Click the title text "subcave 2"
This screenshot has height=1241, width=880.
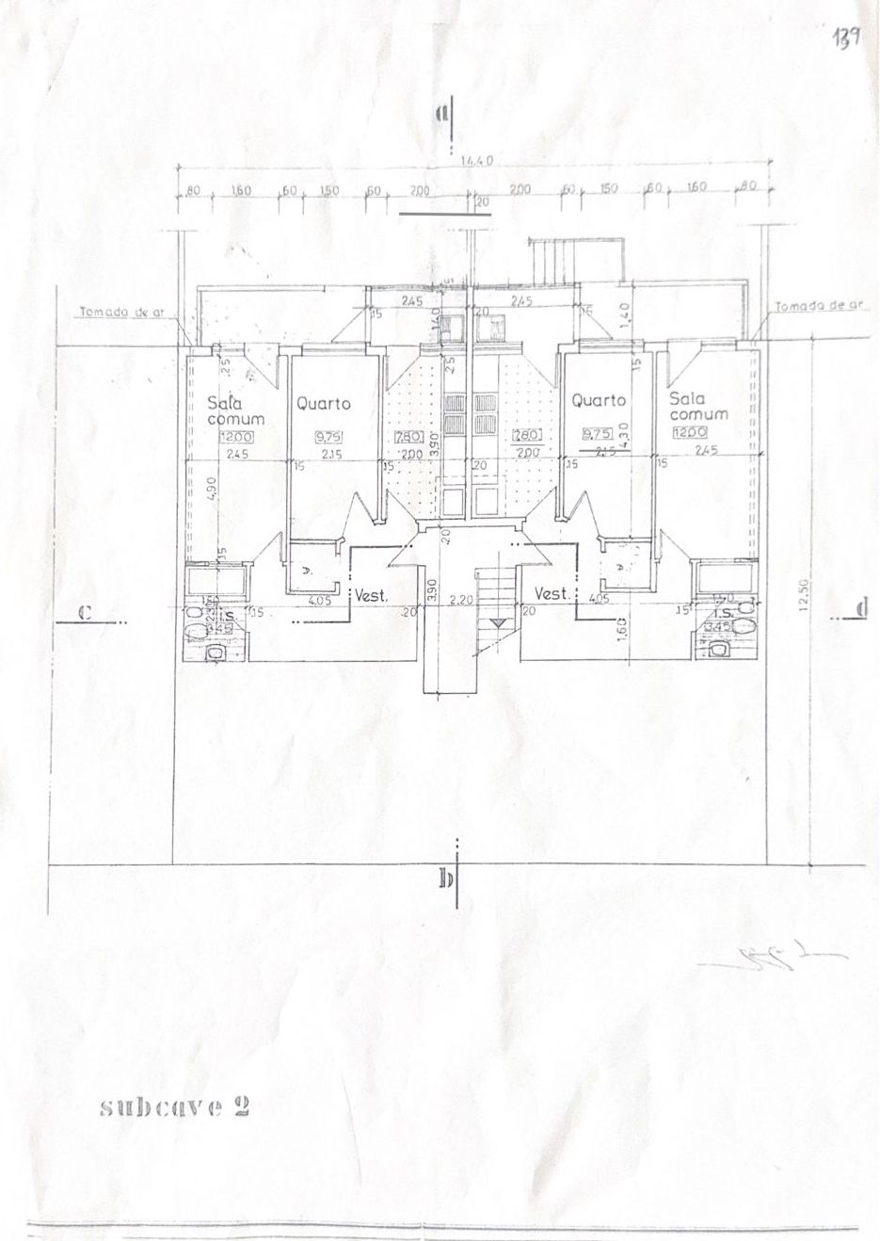(x=174, y=1106)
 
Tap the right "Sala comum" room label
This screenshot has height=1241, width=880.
(x=697, y=405)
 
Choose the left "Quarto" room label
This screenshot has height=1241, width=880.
(x=323, y=404)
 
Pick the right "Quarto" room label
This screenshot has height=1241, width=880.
(x=599, y=400)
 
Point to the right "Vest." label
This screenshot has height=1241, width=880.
(x=550, y=594)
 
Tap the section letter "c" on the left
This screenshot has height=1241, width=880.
(x=84, y=612)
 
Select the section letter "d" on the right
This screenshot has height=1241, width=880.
(x=861, y=609)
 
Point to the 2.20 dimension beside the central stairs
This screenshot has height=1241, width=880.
(x=461, y=600)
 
